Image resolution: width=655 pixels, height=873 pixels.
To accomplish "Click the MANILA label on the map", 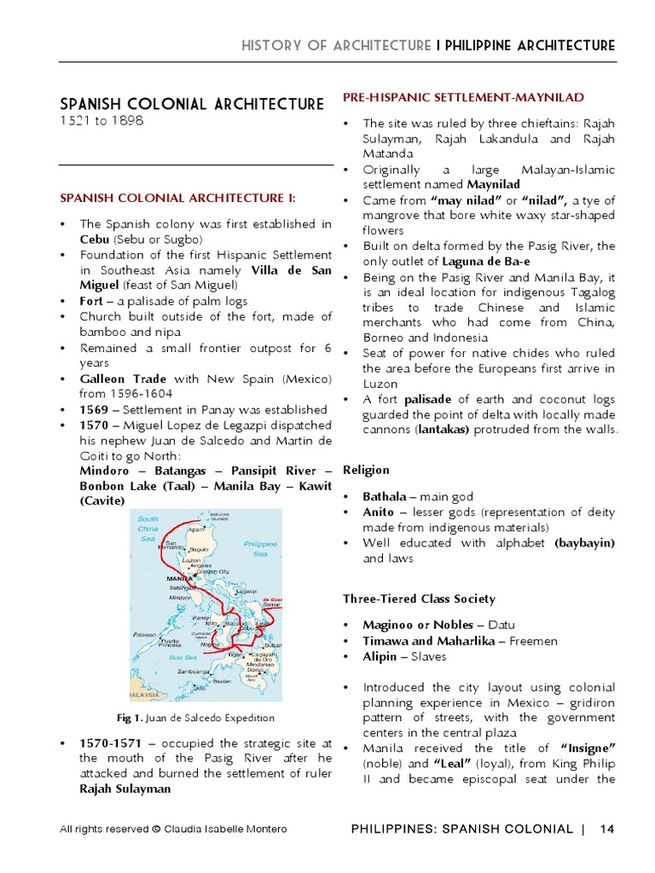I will click(181, 579).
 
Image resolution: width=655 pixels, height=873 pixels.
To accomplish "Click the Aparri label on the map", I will click(199, 529).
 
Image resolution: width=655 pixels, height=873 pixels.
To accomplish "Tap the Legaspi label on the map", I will click(246, 590).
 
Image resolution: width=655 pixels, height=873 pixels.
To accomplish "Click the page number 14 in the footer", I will click(607, 829).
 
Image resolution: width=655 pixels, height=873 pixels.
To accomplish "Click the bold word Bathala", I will click(382, 496).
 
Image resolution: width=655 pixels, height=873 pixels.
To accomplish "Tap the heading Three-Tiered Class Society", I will click(419, 598).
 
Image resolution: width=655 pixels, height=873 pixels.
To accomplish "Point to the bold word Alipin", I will click(380, 656).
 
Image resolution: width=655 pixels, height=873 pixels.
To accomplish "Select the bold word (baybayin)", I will click(585, 542).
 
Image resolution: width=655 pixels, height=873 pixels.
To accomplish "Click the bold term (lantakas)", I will click(442, 430).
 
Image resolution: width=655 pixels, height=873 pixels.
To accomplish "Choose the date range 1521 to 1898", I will click(101, 121).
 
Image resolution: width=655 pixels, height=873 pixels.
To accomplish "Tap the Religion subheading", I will click(366, 470).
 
